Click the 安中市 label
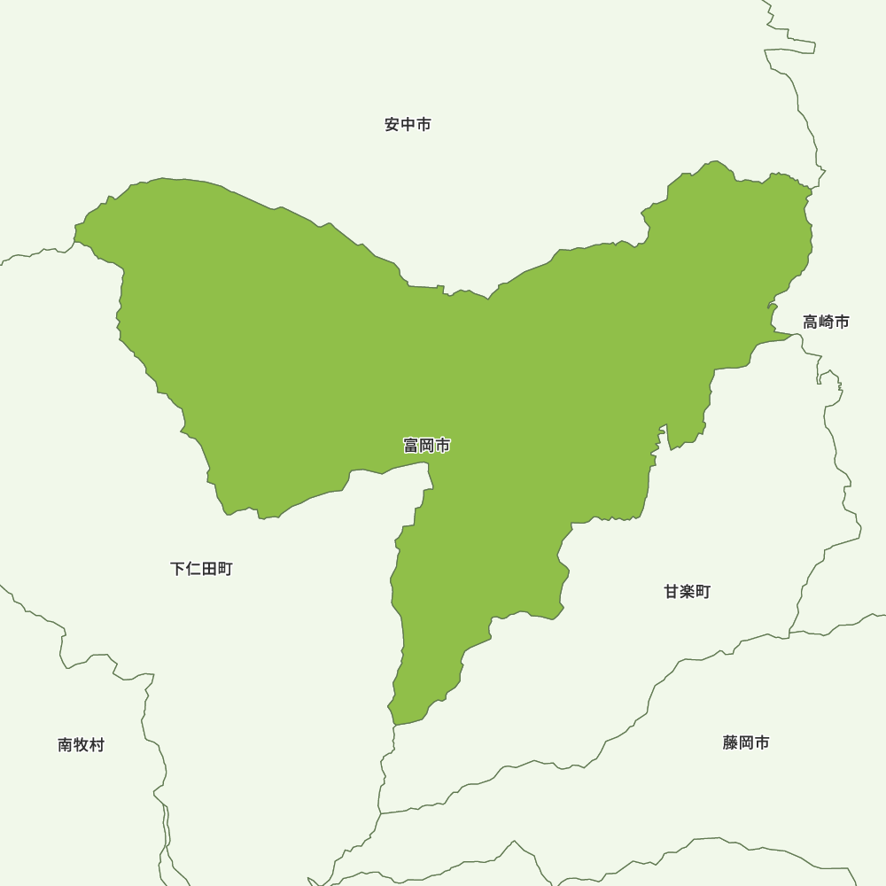(408, 125)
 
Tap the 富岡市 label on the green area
(426, 446)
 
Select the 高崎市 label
(826, 322)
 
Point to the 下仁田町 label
(201, 569)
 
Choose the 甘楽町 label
(687, 592)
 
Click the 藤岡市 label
(745, 742)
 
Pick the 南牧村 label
(81, 745)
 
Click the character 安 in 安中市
(392, 125)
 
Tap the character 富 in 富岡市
(411, 446)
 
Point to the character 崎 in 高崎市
(826, 322)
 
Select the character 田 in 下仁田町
(209, 569)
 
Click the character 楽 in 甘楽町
(687, 592)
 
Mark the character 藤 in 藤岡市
(730, 742)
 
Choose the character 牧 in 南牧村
(81, 745)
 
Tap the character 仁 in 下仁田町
(193, 569)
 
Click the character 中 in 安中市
(408, 125)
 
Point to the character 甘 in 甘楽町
(672, 592)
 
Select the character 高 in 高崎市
(811, 322)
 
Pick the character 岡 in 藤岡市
(745, 742)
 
